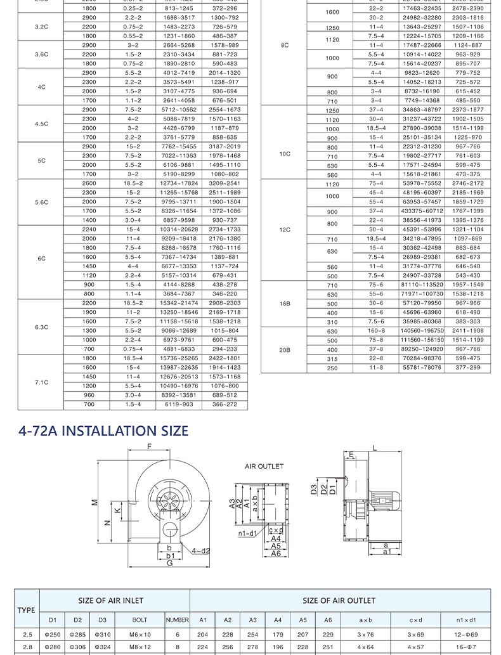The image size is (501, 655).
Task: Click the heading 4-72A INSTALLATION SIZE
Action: (103, 431)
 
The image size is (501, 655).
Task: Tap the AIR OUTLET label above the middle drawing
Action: (264, 467)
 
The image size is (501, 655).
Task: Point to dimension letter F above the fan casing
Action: (150, 447)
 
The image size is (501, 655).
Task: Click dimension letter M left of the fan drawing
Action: (94, 502)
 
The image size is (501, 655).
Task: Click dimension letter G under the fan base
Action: (170, 563)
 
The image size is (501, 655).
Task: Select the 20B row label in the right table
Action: (285, 349)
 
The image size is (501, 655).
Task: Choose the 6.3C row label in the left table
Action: (41, 327)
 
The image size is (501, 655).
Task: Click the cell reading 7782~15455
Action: (179, 146)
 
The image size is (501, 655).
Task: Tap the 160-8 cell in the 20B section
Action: (376, 331)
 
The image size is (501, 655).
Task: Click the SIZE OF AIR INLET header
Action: (111, 600)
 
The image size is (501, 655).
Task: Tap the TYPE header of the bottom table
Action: (27, 610)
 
